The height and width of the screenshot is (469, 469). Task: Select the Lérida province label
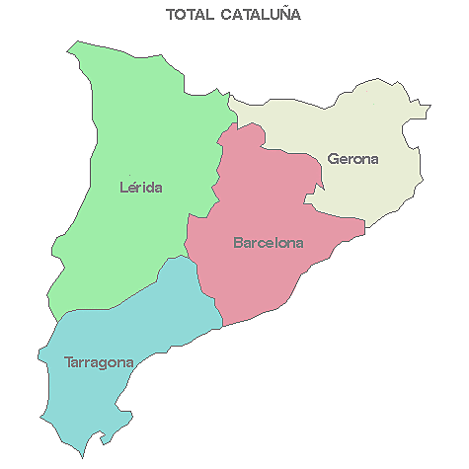tap(140, 187)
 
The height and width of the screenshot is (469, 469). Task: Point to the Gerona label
tap(352, 158)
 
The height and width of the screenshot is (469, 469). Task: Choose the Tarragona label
tap(99, 362)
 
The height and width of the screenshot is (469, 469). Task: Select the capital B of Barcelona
tap(238, 242)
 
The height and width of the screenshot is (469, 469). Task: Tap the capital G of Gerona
tap(333, 158)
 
